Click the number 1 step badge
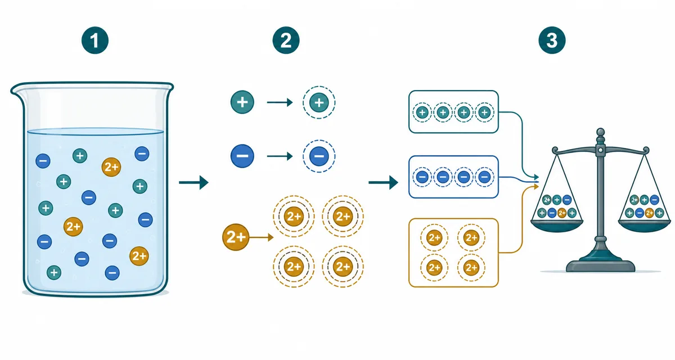(x=95, y=40)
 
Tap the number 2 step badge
(x=286, y=40)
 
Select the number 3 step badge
(x=552, y=40)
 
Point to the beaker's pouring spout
(x=16, y=90)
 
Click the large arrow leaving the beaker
(x=193, y=182)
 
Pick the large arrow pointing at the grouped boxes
(x=383, y=182)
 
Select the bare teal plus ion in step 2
(x=242, y=102)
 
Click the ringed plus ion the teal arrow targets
(x=319, y=102)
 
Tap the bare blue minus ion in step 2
(x=242, y=156)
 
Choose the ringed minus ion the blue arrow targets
(x=319, y=156)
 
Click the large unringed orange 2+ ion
(x=236, y=237)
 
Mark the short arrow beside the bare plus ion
(x=280, y=102)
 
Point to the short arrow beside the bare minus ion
(x=280, y=156)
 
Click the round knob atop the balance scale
(x=601, y=132)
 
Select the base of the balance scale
(x=601, y=265)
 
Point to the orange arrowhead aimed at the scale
(x=536, y=187)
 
